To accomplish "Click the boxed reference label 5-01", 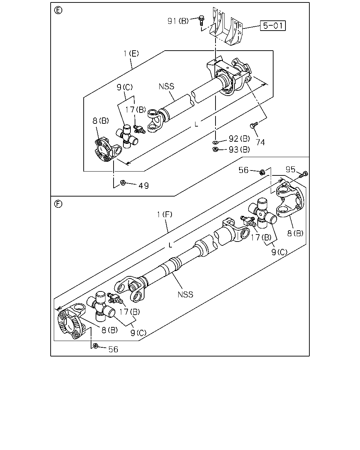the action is pos(272,26).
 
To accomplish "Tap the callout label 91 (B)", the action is pos(178,21).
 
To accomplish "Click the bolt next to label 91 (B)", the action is pos(201,20).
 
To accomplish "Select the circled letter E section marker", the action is pos(58,10).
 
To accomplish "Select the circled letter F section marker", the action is pos(58,204).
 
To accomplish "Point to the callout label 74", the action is pos(261,142).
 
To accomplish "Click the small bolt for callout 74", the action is pos(254,125).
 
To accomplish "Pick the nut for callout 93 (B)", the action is pos(215,149).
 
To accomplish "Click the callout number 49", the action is pos(143,186).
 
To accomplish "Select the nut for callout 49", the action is pos(123,183).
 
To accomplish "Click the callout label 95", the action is pos(290,169).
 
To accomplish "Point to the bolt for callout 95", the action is pos(303,174).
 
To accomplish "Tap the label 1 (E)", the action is pos(131,54).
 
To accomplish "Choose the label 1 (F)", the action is pos(165,214).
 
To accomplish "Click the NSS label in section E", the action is pos(167,86).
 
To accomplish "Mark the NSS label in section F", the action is pos(185,295).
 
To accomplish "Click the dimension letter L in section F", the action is pos(170,245).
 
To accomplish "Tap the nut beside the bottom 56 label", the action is pos(95,346).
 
